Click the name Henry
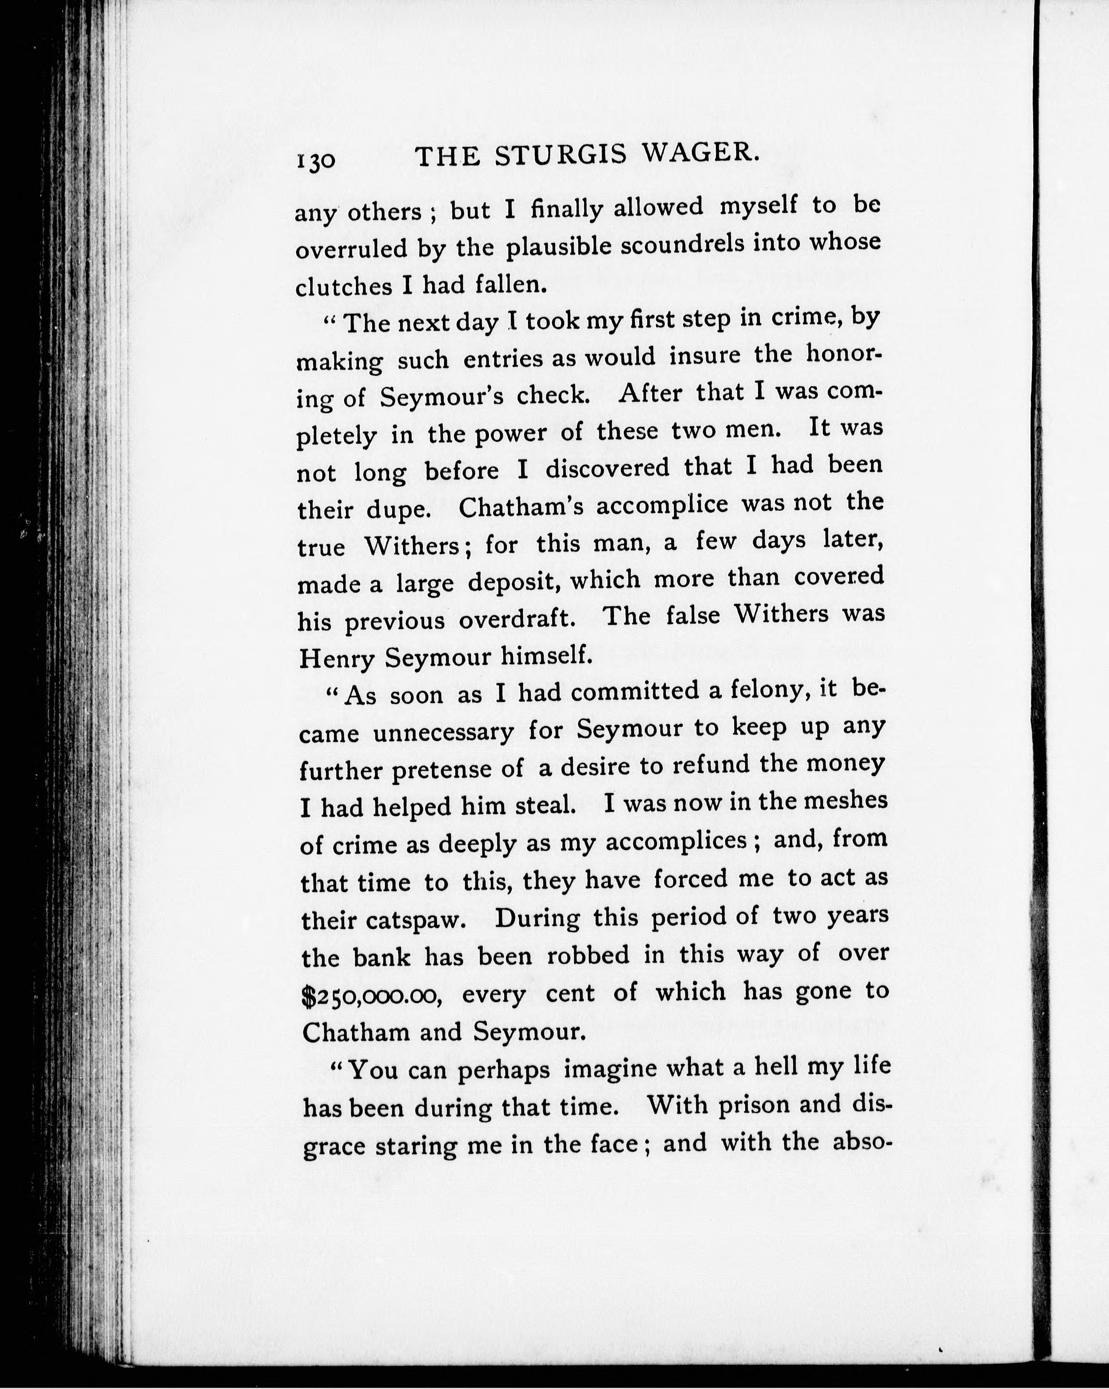[x=337, y=658]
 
